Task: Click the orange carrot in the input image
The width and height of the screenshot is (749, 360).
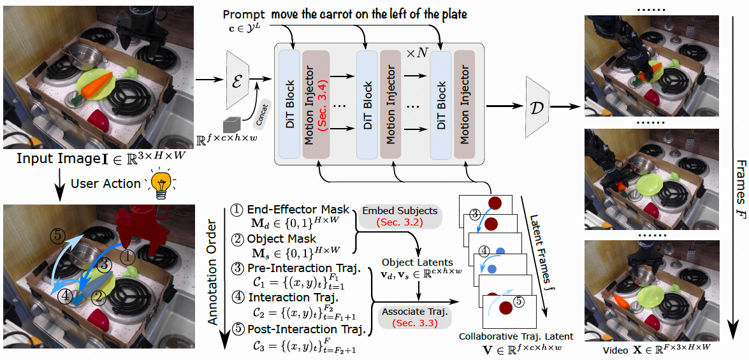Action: (x=98, y=84)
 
